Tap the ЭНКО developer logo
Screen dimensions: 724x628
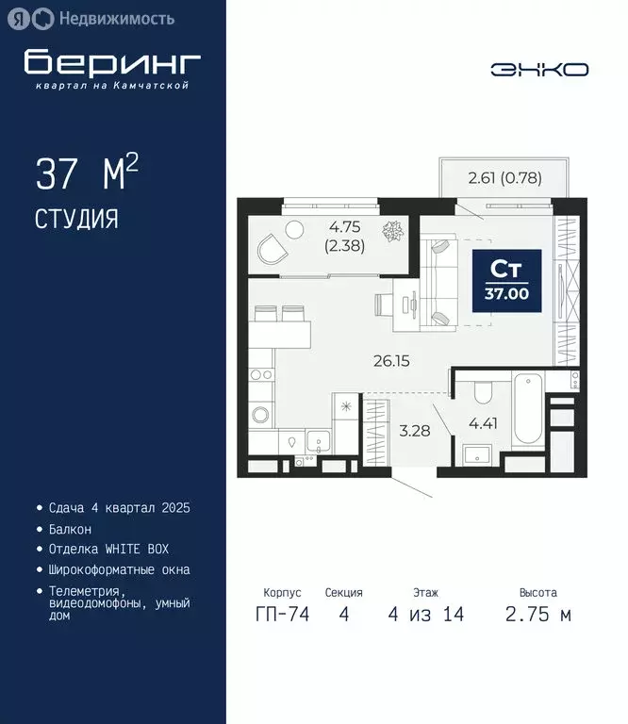539,69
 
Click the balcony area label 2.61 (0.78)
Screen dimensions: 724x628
504,176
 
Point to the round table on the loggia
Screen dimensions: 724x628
294,228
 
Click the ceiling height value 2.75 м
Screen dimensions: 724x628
537,615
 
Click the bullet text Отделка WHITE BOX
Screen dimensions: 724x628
108,549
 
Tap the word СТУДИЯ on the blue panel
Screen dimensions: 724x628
76,220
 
